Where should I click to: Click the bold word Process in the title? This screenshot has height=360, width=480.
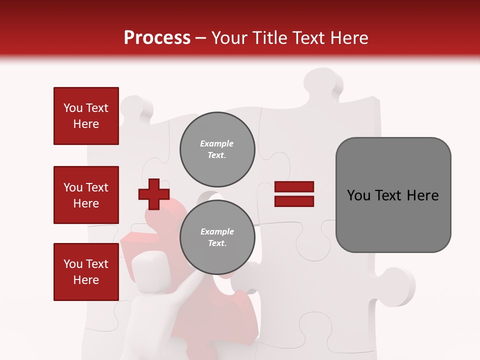pos(157,37)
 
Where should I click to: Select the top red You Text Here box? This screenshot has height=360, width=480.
pos(86,116)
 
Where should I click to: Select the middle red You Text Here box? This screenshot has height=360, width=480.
pos(86,195)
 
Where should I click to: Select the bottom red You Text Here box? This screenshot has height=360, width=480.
pos(86,271)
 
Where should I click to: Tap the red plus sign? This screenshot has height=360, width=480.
pos(154,194)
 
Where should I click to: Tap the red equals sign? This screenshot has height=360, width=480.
pos(294,194)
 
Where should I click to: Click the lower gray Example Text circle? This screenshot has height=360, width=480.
pos(217,237)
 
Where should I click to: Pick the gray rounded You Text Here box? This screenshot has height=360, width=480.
pos(393,194)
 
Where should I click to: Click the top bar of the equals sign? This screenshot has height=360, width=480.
pos(294,187)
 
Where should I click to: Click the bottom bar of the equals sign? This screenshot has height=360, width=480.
pos(294,201)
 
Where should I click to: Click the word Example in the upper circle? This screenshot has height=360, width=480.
pos(217,143)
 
